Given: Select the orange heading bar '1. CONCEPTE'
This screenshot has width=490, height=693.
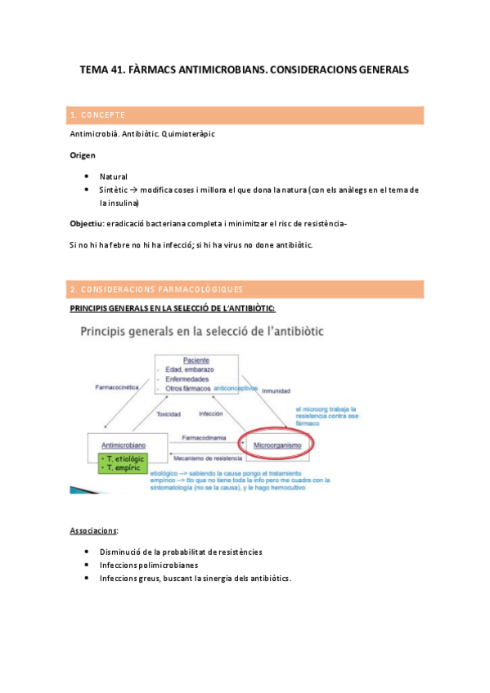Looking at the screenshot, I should [x=246, y=114].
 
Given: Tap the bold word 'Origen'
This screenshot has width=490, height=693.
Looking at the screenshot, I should [x=83, y=155].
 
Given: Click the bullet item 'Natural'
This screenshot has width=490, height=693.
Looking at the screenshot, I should [x=114, y=177].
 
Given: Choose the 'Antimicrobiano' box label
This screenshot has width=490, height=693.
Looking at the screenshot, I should [x=122, y=445].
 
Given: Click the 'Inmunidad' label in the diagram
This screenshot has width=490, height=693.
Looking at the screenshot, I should [x=276, y=391].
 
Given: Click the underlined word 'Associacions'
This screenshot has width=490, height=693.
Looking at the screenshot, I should [x=94, y=530].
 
